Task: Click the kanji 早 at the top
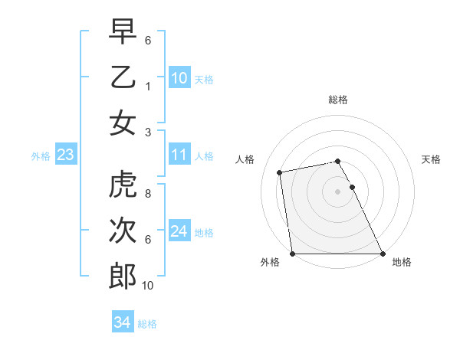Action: click(x=123, y=32)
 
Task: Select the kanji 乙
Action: click(x=123, y=77)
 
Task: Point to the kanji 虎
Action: click(x=123, y=185)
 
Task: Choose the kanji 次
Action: click(x=123, y=231)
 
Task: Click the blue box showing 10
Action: click(x=179, y=78)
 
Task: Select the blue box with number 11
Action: click(x=179, y=155)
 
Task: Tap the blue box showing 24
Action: click(x=179, y=231)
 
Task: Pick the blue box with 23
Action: click(x=66, y=155)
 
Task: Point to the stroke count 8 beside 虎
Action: click(x=147, y=194)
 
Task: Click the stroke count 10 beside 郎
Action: click(x=148, y=285)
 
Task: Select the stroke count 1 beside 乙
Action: click(x=147, y=86)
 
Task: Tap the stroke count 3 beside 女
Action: click(x=147, y=131)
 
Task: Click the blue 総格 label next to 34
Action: click(x=147, y=324)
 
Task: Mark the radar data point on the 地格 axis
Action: click(x=383, y=254)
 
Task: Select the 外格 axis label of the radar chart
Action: click(x=270, y=263)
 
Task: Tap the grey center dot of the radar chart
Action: click(x=337, y=191)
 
